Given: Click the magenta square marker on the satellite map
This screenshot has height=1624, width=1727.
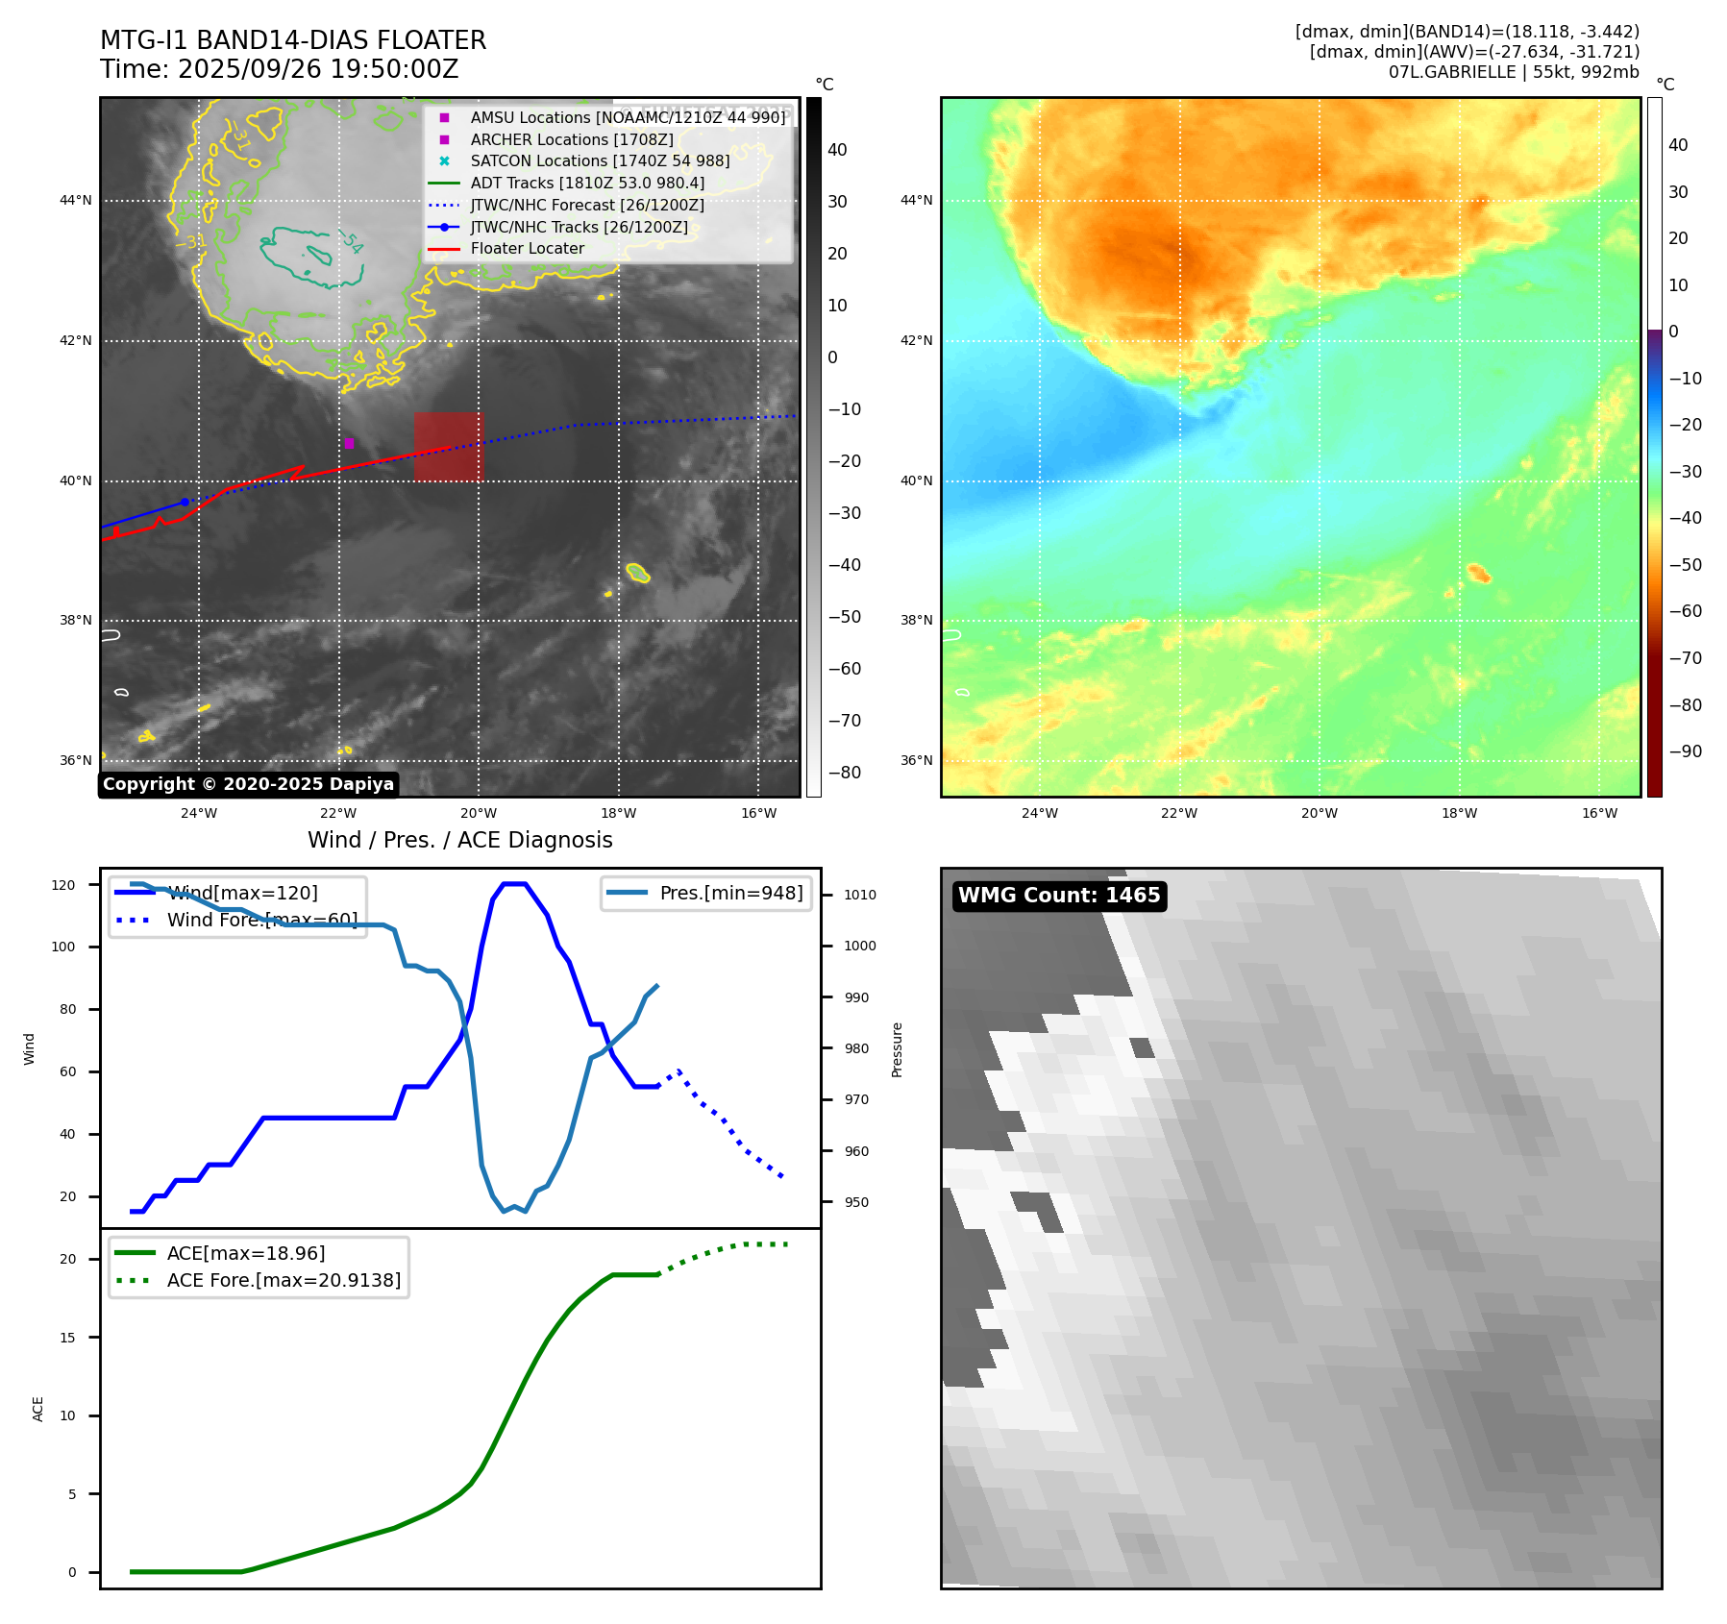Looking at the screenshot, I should pyautogui.click(x=349, y=443).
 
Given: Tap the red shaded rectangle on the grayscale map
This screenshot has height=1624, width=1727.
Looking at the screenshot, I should pyautogui.click(x=448, y=447).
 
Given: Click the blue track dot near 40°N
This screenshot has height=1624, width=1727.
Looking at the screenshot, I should pyautogui.click(x=185, y=502).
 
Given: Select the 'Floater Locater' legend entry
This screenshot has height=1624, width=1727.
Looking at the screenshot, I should pyautogui.click(x=527, y=249).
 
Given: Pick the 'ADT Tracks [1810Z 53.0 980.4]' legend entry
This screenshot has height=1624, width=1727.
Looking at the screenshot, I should pyautogui.click(x=586, y=183).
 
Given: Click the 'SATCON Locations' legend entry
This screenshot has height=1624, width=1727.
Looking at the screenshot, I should pyautogui.click(x=599, y=160).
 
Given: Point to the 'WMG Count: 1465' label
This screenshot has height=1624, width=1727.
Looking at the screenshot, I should pyautogui.click(x=1059, y=896).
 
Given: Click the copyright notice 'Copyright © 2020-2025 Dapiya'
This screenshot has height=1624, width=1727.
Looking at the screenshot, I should pyautogui.click(x=248, y=784).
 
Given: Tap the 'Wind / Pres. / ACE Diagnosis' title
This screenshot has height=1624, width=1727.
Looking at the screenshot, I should pyautogui.click(x=459, y=840).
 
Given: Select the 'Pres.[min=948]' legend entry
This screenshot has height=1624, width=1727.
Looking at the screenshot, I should pyautogui.click(x=730, y=893).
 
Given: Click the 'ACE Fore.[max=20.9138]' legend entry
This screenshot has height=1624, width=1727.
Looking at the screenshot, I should pyautogui.click(x=284, y=1280).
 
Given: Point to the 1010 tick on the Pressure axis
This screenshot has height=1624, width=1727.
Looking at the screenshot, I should pyautogui.click(x=859, y=895).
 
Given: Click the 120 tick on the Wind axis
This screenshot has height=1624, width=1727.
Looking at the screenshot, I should pyautogui.click(x=63, y=885).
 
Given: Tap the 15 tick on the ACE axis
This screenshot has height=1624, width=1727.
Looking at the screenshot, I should pyautogui.click(x=67, y=1338).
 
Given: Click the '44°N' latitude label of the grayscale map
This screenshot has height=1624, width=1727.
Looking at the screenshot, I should pyautogui.click(x=76, y=201).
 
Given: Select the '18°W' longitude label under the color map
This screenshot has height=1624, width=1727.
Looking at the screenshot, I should pyautogui.click(x=1459, y=813).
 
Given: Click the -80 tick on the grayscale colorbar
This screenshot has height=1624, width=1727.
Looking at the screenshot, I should pyautogui.click(x=845, y=773).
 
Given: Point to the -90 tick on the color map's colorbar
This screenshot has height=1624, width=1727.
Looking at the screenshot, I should pyautogui.click(x=1685, y=751).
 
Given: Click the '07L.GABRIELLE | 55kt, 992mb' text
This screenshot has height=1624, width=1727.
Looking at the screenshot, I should pyautogui.click(x=1514, y=72).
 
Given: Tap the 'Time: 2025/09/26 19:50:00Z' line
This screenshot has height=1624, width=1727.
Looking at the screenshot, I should pyautogui.click(x=279, y=69).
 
